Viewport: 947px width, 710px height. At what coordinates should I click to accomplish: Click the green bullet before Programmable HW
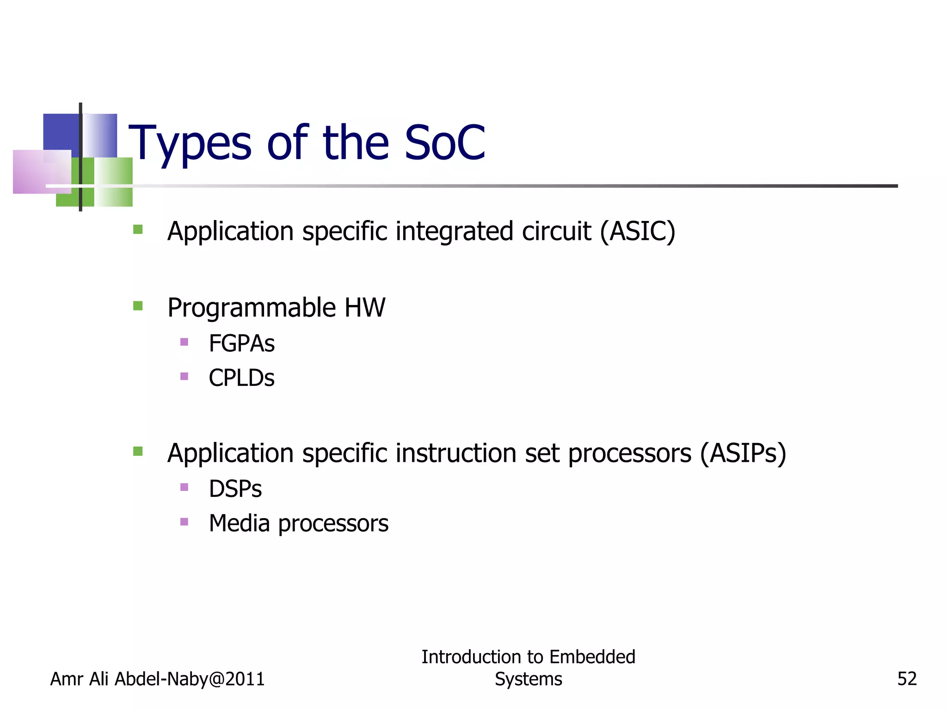(138, 306)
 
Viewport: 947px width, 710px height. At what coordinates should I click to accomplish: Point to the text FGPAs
(241, 343)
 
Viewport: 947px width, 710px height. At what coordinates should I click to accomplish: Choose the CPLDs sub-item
(241, 378)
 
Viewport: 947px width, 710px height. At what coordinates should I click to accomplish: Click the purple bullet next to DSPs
(184, 487)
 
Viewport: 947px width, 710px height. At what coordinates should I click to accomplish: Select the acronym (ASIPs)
(743, 453)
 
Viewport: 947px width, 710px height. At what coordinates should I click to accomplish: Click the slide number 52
(907, 679)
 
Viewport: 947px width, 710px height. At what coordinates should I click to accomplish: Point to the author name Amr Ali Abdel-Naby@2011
(157, 679)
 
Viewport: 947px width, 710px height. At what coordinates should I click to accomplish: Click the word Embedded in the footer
(592, 657)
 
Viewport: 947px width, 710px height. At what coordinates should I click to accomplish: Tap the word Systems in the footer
(528, 679)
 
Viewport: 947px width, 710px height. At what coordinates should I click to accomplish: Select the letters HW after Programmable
(364, 307)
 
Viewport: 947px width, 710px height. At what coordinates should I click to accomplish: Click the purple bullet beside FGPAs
(184, 342)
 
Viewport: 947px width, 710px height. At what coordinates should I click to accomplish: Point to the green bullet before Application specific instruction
(138, 451)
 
